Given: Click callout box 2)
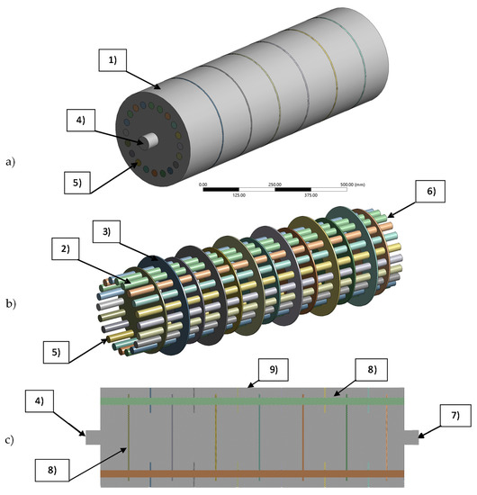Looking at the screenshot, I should [91, 248].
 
